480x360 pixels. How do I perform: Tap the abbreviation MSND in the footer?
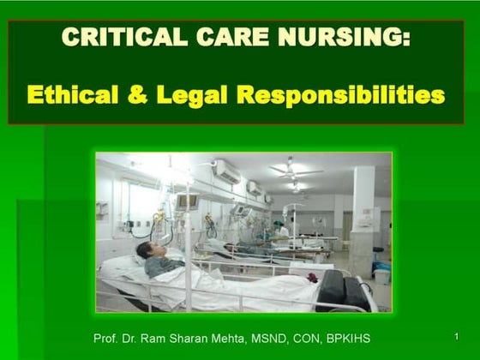[279, 337]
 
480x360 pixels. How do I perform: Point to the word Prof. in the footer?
[108, 337]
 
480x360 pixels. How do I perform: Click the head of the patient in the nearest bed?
[148, 250]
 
